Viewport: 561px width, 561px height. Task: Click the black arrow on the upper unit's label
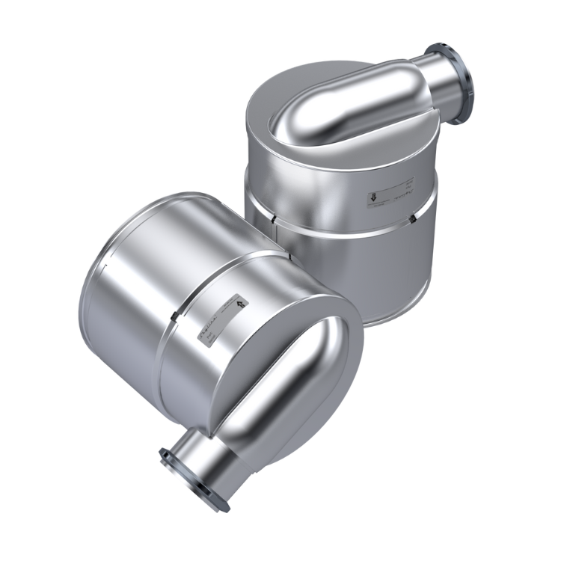click(x=372, y=198)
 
